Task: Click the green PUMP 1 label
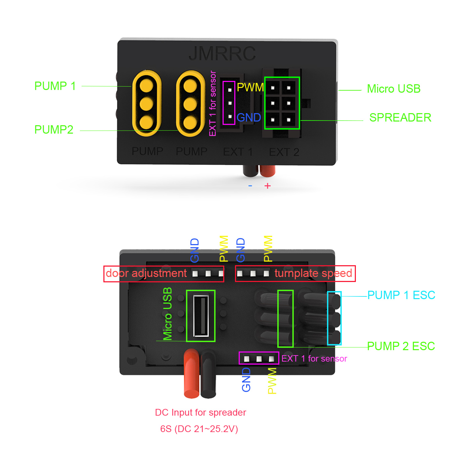pos(55,86)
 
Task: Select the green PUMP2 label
pos(54,130)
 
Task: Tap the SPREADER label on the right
pos(400,117)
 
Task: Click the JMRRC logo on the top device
pos(222,54)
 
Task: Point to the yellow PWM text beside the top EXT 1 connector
pos(250,87)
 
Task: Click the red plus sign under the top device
pos(267,186)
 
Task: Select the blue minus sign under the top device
pos(250,186)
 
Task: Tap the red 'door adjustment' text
pos(146,273)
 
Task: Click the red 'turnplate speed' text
pos(313,273)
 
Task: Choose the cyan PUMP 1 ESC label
pos(401,295)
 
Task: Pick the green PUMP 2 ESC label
pos(401,346)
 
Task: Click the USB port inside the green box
pos(201,316)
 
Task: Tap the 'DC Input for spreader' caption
pos(200,412)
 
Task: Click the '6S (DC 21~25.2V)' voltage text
pos(199,429)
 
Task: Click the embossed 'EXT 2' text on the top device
pos(284,152)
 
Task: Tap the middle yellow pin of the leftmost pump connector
pos(146,103)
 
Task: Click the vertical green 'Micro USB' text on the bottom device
pos(167,314)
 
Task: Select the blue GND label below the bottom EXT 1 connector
pos(246,380)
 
